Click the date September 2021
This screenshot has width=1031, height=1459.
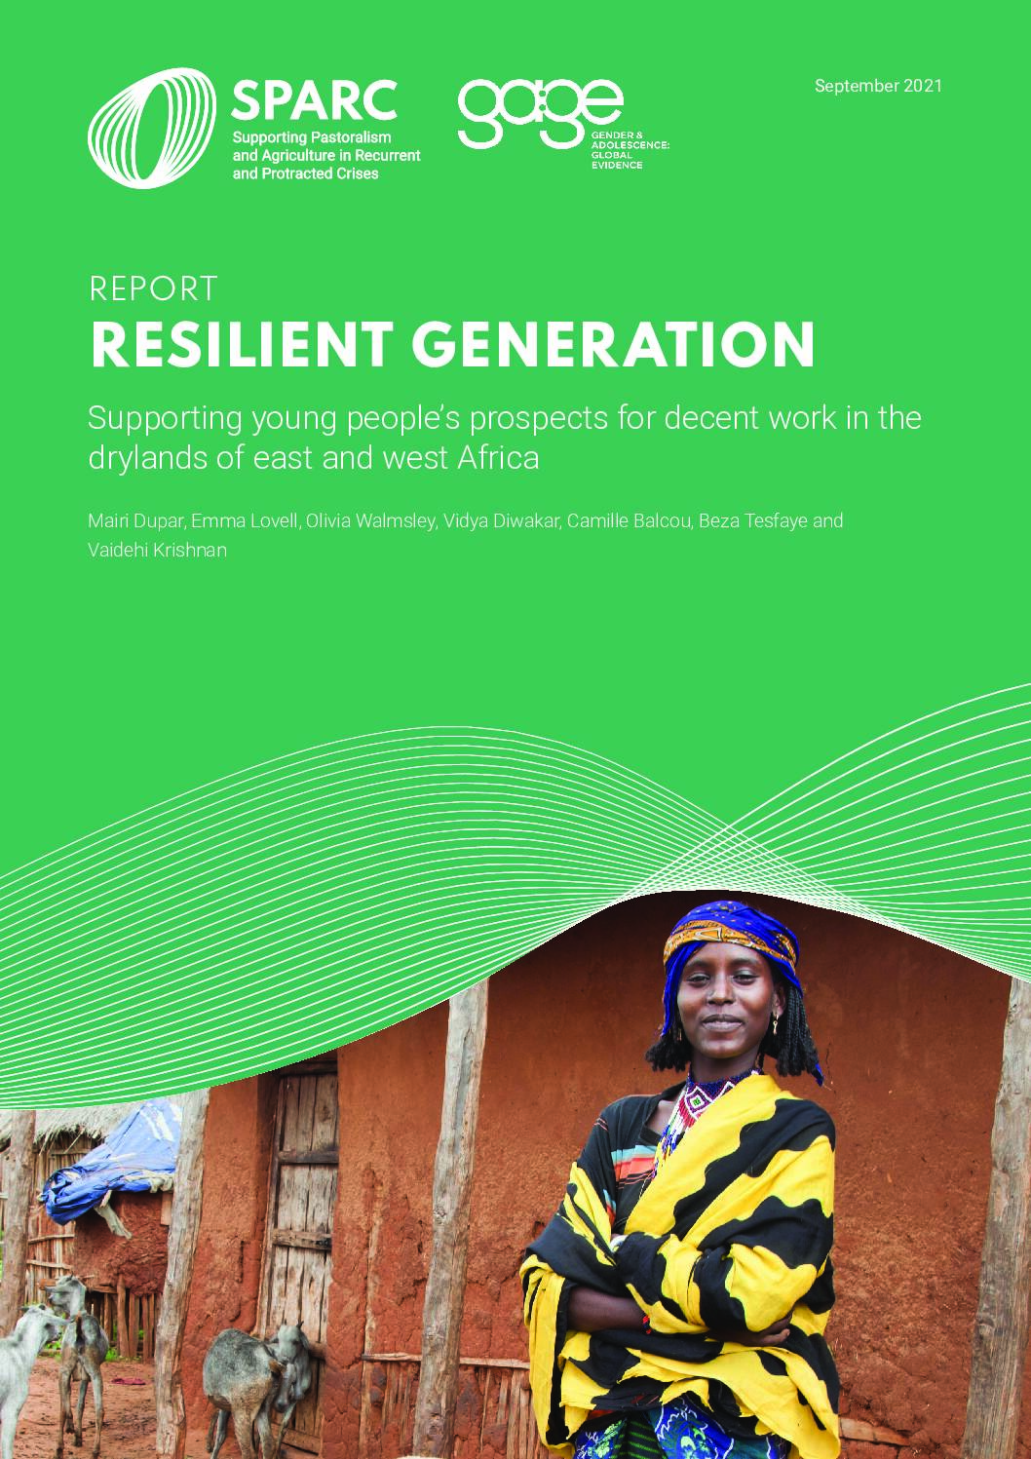coord(878,86)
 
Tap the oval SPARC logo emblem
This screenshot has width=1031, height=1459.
coord(152,128)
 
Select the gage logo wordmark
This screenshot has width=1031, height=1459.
coord(540,113)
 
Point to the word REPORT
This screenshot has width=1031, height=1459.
coord(153,288)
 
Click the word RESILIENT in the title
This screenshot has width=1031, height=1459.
coord(242,345)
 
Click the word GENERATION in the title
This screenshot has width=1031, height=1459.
coord(613,345)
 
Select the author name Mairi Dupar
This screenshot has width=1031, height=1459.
coord(136,521)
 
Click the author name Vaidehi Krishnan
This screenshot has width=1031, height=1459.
coord(157,551)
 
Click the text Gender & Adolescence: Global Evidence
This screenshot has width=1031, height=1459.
coord(630,150)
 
